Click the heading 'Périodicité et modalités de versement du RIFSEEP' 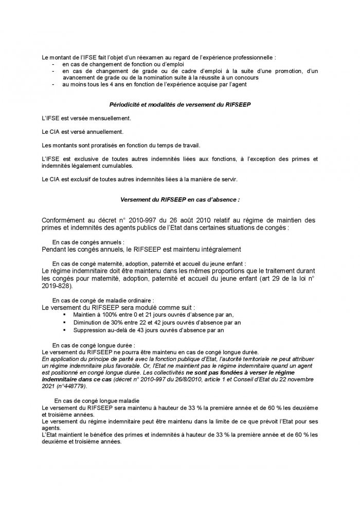(180, 105)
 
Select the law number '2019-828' (58, 286)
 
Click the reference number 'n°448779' (72, 385)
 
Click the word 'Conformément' (68, 220)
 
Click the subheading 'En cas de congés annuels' (88, 241)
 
